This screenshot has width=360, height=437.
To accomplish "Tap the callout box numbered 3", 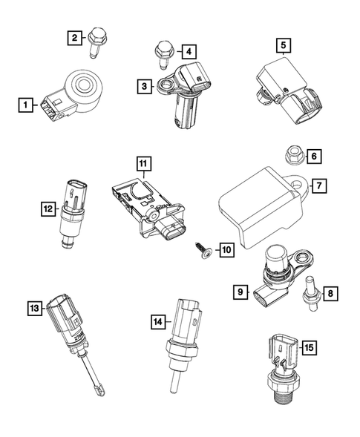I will click(x=145, y=87).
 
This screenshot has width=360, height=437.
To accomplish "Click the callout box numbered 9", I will click(x=240, y=293).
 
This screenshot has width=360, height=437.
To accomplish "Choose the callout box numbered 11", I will click(x=142, y=162).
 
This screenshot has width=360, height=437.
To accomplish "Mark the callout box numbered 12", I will click(x=48, y=210).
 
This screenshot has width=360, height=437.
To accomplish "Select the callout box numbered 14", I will click(x=157, y=322).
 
